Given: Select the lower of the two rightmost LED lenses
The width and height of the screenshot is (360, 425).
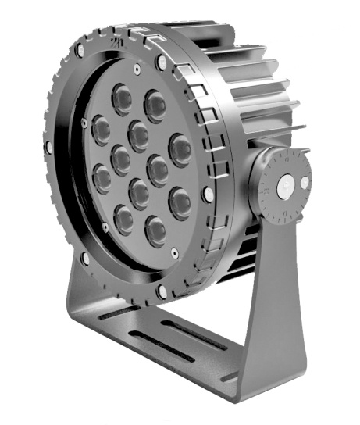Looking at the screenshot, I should [x=179, y=202].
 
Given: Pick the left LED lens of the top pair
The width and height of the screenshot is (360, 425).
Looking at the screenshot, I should [x=122, y=98].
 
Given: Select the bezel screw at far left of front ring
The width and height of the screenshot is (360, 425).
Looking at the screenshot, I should [x=48, y=147].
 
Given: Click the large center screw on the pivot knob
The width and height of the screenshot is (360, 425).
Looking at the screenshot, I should [x=285, y=187].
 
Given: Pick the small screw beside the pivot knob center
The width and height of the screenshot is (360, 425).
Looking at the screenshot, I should [x=303, y=185].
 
